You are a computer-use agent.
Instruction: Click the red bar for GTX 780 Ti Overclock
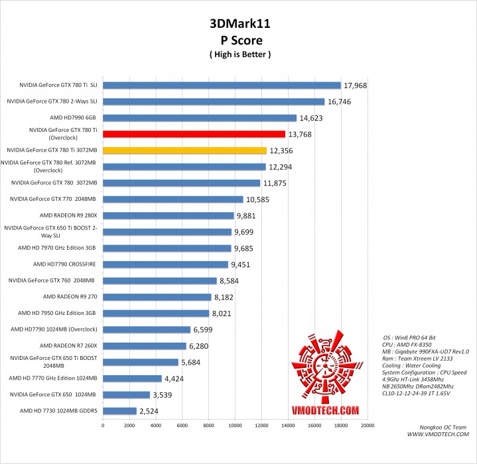point(194,134)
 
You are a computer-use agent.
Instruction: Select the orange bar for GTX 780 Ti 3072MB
point(184,150)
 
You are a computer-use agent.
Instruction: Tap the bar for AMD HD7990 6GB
point(199,118)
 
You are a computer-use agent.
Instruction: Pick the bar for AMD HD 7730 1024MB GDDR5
point(119,411)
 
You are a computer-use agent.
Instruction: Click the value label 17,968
point(359,86)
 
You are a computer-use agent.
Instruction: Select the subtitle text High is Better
point(239,53)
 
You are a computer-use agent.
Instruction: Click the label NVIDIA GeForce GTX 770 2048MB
point(52,199)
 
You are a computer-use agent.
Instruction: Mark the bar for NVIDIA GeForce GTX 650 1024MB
point(126,394)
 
